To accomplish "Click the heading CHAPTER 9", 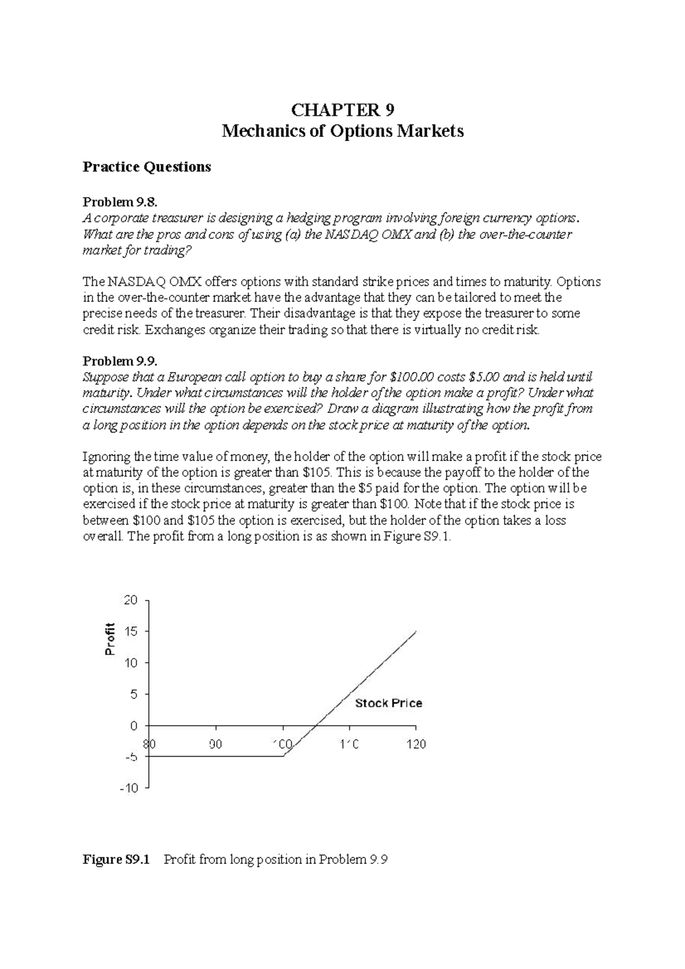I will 342,110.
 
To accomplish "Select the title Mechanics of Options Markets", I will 342,132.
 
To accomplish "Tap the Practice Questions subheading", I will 147,167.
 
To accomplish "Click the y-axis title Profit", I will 110,639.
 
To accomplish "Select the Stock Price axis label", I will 388,704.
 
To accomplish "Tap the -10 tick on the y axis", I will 129,788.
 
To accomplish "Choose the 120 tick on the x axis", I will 416,744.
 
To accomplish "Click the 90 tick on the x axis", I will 215,744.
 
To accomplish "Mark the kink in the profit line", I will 284,756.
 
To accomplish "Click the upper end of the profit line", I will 416,631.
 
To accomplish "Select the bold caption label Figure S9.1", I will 116,859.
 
